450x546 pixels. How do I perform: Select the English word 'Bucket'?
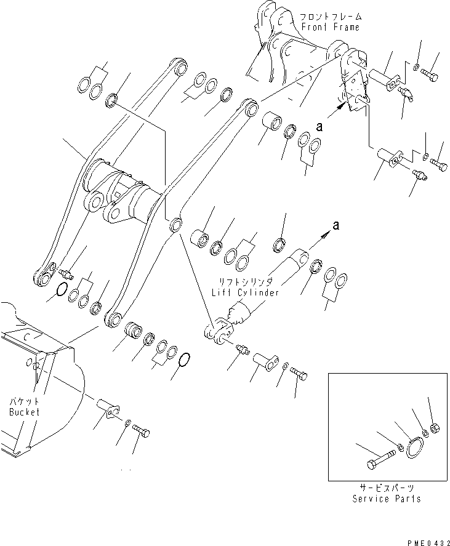[x=24, y=412]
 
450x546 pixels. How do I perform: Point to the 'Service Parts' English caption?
[x=387, y=499]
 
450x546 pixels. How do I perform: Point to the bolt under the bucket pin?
[x=140, y=430]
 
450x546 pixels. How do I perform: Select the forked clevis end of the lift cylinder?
[x=216, y=331]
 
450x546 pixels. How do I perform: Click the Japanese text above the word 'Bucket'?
[x=24, y=401]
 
